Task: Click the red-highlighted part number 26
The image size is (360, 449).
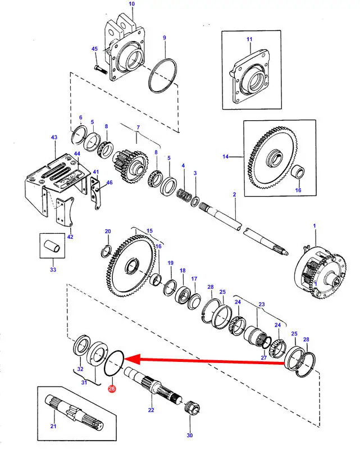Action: coord(112,389)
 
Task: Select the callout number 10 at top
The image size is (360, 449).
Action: coord(132,4)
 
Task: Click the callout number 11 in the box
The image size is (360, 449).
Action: coord(249,39)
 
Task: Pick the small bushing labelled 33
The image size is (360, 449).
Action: coord(52,246)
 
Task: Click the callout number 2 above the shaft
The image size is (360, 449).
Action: coord(234,194)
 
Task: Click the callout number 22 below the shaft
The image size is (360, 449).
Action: coord(151,411)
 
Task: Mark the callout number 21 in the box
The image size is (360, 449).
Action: coord(53,427)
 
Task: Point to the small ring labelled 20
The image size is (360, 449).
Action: coord(106,250)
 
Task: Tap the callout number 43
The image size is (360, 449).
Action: coord(54,138)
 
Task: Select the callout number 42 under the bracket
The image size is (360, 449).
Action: coord(70,237)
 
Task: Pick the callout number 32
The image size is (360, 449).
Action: coord(80,369)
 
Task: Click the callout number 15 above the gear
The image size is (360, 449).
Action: coord(149,231)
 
